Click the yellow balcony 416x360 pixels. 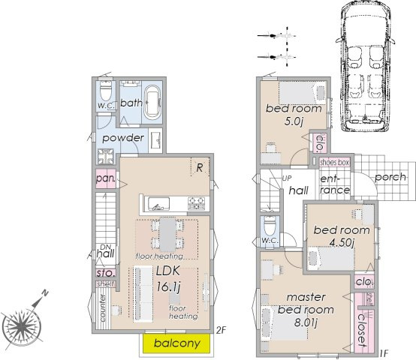pyautogui.click(x=176, y=343)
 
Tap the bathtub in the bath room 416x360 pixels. pyautogui.click(x=152, y=102)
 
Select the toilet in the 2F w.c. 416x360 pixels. pyautogui.click(x=105, y=90)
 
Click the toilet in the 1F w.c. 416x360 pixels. pyautogui.click(x=270, y=226)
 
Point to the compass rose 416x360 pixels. pyautogui.click(x=22, y=325)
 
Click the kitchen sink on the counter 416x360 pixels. pyautogui.click(x=158, y=204)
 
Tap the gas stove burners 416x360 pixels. pyautogui.click(x=196, y=203)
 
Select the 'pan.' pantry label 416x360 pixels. pyautogui.click(x=106, y=178)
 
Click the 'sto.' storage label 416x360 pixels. pyautogui.click(x=106, y=273)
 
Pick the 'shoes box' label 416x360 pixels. pyautogui.click(x=334, y=163)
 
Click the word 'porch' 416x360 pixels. pyautogui.click(x=390, y=177)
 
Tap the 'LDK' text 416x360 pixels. pyautogui.click(x=168, y=271)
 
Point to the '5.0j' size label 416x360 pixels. pyautogui.click(x=294, y=121)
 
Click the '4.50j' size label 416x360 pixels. pyautogui.click(x=342, y=243)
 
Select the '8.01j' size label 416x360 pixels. pyautogui.click(x=306, y=322)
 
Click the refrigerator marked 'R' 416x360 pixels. pyautogui.click(x=200, y=167)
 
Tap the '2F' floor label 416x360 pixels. pyautogui.click(x=221, y=330)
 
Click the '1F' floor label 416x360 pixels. pyautogui.click(x=384, y=352)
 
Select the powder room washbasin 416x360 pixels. pyautogui.click(x=155, y=140)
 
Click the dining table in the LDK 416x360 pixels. pyautogui.click(x=167, y=235)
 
